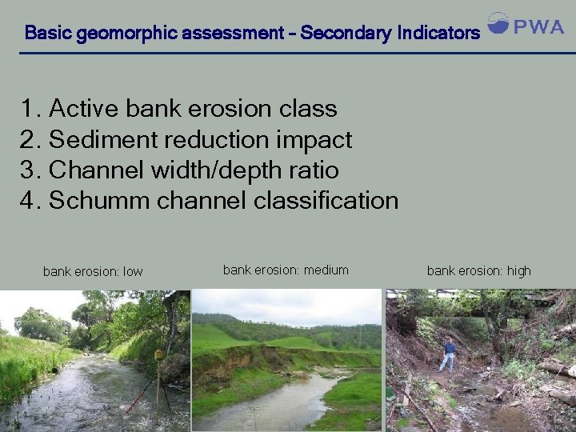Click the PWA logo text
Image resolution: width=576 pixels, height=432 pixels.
click(538, 27)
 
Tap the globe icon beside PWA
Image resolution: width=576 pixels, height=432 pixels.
click(498, 24)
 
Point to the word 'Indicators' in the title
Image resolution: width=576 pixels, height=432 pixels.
click(438, 34)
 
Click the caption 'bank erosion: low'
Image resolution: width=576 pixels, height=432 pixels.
click(93, 271)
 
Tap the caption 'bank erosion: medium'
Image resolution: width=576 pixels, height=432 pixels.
click(286, 270)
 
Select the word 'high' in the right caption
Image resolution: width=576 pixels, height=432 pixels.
click(518, 270)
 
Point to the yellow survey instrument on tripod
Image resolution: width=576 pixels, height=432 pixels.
click(159, 354)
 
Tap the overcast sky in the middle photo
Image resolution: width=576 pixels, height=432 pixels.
click(288, 304)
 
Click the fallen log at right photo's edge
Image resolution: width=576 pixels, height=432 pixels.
click(557, 368)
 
